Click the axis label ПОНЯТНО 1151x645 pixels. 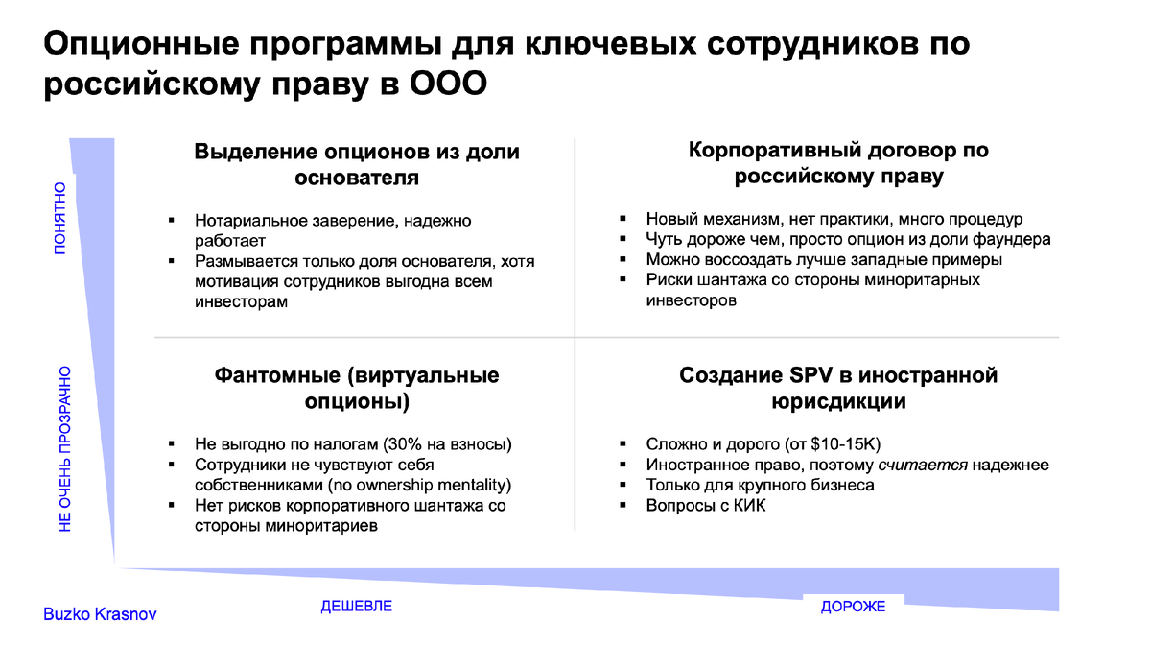click(59, 218)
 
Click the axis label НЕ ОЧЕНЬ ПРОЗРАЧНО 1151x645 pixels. click(65, 448)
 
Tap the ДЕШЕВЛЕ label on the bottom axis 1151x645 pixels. click(356, 607)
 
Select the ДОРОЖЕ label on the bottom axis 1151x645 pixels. click(853, 607)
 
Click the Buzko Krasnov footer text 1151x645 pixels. click(100, 614)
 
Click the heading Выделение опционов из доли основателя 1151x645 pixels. click(357, 164)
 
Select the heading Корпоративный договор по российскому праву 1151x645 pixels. click(838, 163)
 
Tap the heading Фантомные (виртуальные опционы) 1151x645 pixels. click(357, 388)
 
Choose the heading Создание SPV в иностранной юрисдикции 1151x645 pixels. click(838, 388)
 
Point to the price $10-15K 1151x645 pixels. click(845, 444)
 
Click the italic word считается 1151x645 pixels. click(923, 465)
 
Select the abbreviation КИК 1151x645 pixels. click(751, 505)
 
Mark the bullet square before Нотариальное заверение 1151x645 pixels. click(172, 221)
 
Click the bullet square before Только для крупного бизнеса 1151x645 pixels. click(623, 485)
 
